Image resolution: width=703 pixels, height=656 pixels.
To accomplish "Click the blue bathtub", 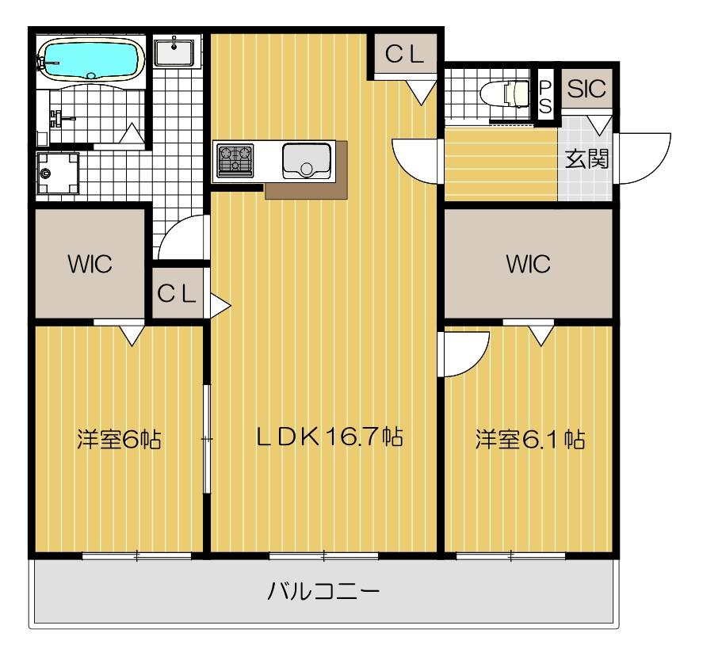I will tap(91, 57).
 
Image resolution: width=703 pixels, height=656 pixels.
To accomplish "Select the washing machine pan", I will tap(56, 170).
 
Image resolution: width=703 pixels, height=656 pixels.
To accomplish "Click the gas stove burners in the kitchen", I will tap(235, 159).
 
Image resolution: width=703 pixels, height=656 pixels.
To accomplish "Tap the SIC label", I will tap(586, 89).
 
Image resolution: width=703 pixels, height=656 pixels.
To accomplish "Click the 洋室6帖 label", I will tap(119, 438).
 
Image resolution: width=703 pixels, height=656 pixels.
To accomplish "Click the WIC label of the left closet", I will tap(89, 265).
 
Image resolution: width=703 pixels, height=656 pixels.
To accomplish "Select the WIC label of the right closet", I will tap(529, 265).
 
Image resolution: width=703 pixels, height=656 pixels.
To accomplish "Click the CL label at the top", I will tap(404, 53).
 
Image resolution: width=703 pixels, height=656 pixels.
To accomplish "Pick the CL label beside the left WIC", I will tap(177, 294).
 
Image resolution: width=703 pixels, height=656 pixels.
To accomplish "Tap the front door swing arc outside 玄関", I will tap(644, 158).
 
